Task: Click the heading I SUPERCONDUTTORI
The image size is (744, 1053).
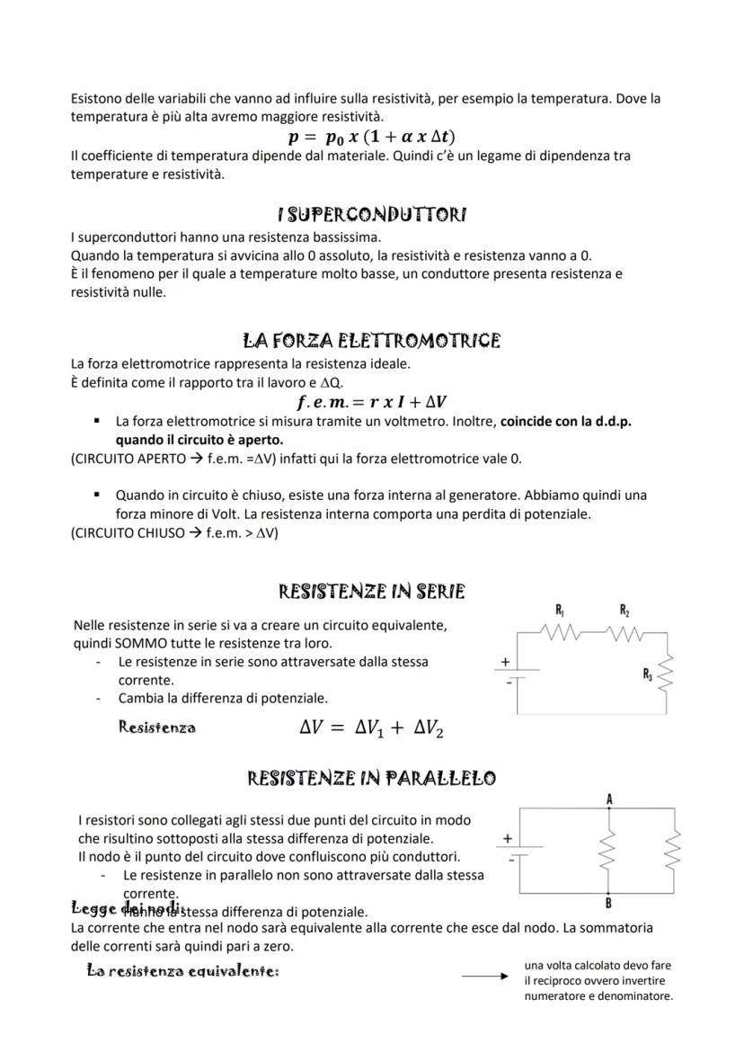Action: pyautogui.click(x=372, y=215)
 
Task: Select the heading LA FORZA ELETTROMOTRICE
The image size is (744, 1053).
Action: pyautogui.click(x=372, y=341)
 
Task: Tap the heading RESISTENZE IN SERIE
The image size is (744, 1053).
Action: pyautogui.click(x=372, y=592)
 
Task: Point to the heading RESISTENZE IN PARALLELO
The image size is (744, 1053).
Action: pyautogui.click(x=372, y=778)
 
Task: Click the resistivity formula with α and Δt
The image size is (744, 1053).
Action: pyautogui.click(x=372, y=137)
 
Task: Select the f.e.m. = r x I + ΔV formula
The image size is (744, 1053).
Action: pyautogui.click(x=372, y=402)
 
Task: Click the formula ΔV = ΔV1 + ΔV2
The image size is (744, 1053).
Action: pyautogui.click(x=372, y=728)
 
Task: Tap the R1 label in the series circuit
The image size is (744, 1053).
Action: pyautogui.click(x=561, y=611)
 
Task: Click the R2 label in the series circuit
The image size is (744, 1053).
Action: pyautogui.click(x=624, y=611)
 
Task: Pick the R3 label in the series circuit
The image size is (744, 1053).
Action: pyautogui.click(x=648, y=673)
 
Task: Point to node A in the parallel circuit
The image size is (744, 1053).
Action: pyautogui.click(x=609, y=799)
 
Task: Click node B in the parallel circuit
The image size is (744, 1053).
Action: pyautogui.click(x=609, y=903)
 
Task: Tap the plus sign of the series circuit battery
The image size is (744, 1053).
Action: pyautogui.click(x=505, y=662)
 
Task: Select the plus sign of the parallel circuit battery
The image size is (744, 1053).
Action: pyautogui.click(x=507, y=838)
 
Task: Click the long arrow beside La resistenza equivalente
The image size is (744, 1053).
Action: pyautogui.click(x=485, y=974)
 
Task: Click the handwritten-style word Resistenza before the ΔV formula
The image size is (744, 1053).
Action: pyautogui.click(x=157, y=727)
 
